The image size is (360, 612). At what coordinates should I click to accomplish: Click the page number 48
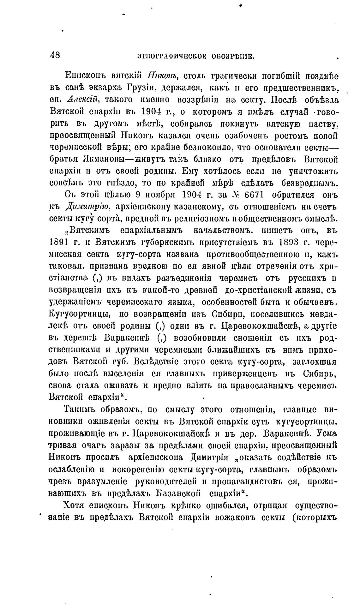55,55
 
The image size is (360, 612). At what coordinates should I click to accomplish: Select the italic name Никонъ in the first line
163,76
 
